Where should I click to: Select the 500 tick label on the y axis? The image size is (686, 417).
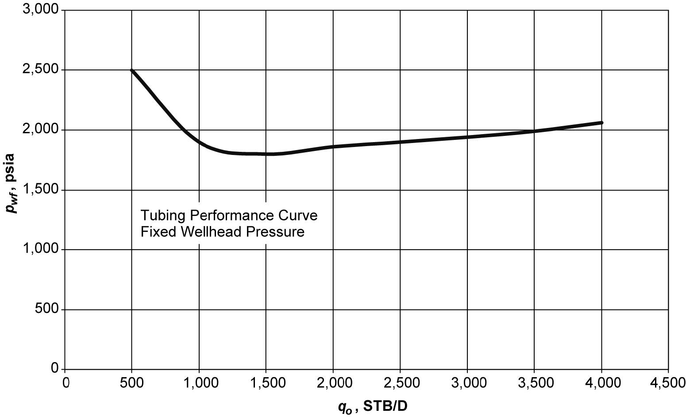pos(47,309)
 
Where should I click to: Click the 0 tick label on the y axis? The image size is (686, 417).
pos(55,369)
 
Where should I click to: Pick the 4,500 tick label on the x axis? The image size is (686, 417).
pos(668,382)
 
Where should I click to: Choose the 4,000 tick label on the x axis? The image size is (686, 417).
pos(601,382)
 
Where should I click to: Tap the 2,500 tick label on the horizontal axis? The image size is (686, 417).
pos(400,382)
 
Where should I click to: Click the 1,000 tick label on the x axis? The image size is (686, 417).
pos(199,382)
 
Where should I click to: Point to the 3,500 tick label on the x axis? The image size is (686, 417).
pos(534,382)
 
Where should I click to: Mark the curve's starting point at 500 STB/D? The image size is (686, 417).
pos(132,70)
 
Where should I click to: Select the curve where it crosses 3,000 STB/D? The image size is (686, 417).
pos(467,137)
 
